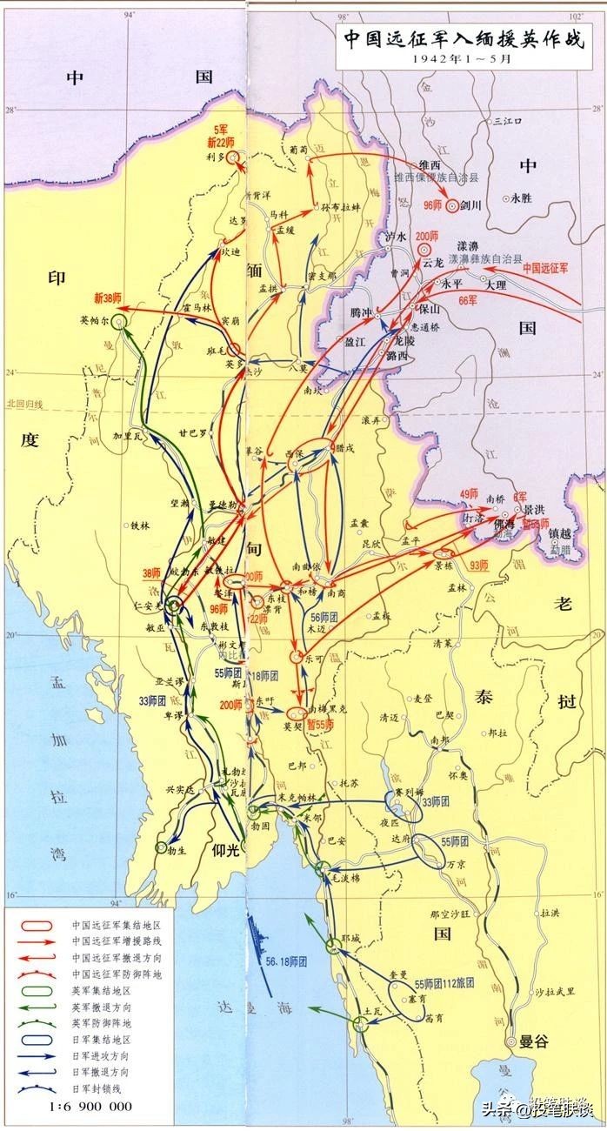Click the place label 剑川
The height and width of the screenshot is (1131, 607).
(472, 207)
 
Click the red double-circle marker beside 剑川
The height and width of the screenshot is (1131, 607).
(452, 207)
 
